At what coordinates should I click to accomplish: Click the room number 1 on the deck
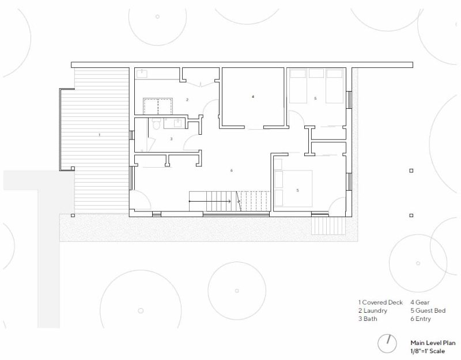click(99, 135)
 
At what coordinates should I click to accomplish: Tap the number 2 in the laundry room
click(187, 100)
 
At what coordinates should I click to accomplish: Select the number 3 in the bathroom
click(171, 139)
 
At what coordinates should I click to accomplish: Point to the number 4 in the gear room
click(253, 96)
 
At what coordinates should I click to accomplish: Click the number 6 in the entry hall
click(232, 170)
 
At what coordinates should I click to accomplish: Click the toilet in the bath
click(156, 123)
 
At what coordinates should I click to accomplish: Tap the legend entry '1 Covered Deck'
click(380, 302)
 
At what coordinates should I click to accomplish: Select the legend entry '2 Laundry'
click(372, 310)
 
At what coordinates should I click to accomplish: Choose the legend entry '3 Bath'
click(368, 319)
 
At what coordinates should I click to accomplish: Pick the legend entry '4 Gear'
click(420, 302)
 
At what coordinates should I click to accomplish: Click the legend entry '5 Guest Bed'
click(428, 310)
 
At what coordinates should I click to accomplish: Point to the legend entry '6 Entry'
click(421, 319)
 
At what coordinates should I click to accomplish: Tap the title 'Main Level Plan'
click(433, 343)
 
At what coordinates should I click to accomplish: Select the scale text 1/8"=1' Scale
click(428, 351)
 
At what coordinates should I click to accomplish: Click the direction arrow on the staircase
click(210, 201)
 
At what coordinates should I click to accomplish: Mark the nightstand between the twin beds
click(316, 73)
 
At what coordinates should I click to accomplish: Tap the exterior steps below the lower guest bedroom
click(328, 225)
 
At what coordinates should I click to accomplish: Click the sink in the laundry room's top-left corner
click(142, 74)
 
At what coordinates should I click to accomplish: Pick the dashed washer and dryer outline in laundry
click(157, 107)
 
